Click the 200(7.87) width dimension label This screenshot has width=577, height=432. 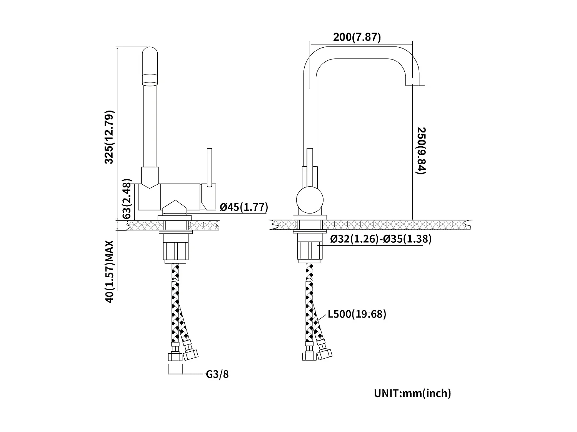357,37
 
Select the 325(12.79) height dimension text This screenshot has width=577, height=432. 110,137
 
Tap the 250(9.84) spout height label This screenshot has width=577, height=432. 420,151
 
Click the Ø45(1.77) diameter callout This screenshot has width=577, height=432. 243,207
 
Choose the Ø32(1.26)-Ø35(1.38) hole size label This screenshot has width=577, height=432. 381,239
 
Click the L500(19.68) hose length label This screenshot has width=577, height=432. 357,314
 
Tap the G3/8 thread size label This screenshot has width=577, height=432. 217,374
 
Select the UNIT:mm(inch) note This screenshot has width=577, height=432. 412,393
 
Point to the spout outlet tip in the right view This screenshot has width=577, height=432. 412,81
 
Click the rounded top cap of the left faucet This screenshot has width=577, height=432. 150,54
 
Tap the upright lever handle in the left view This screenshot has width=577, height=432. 209,167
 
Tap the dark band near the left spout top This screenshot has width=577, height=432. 150,79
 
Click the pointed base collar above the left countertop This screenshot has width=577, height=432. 175,208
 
